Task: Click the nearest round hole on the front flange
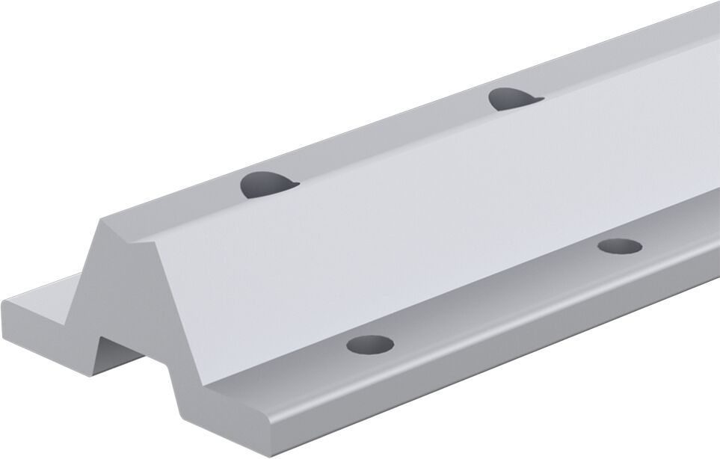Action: (x=370, y=345)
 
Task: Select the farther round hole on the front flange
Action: (x=620, y=247)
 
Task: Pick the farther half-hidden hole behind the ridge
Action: (x=512, y=97)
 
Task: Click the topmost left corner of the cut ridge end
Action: (x=104, y=219)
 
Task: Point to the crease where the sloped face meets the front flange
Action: (x=449, y=295)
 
